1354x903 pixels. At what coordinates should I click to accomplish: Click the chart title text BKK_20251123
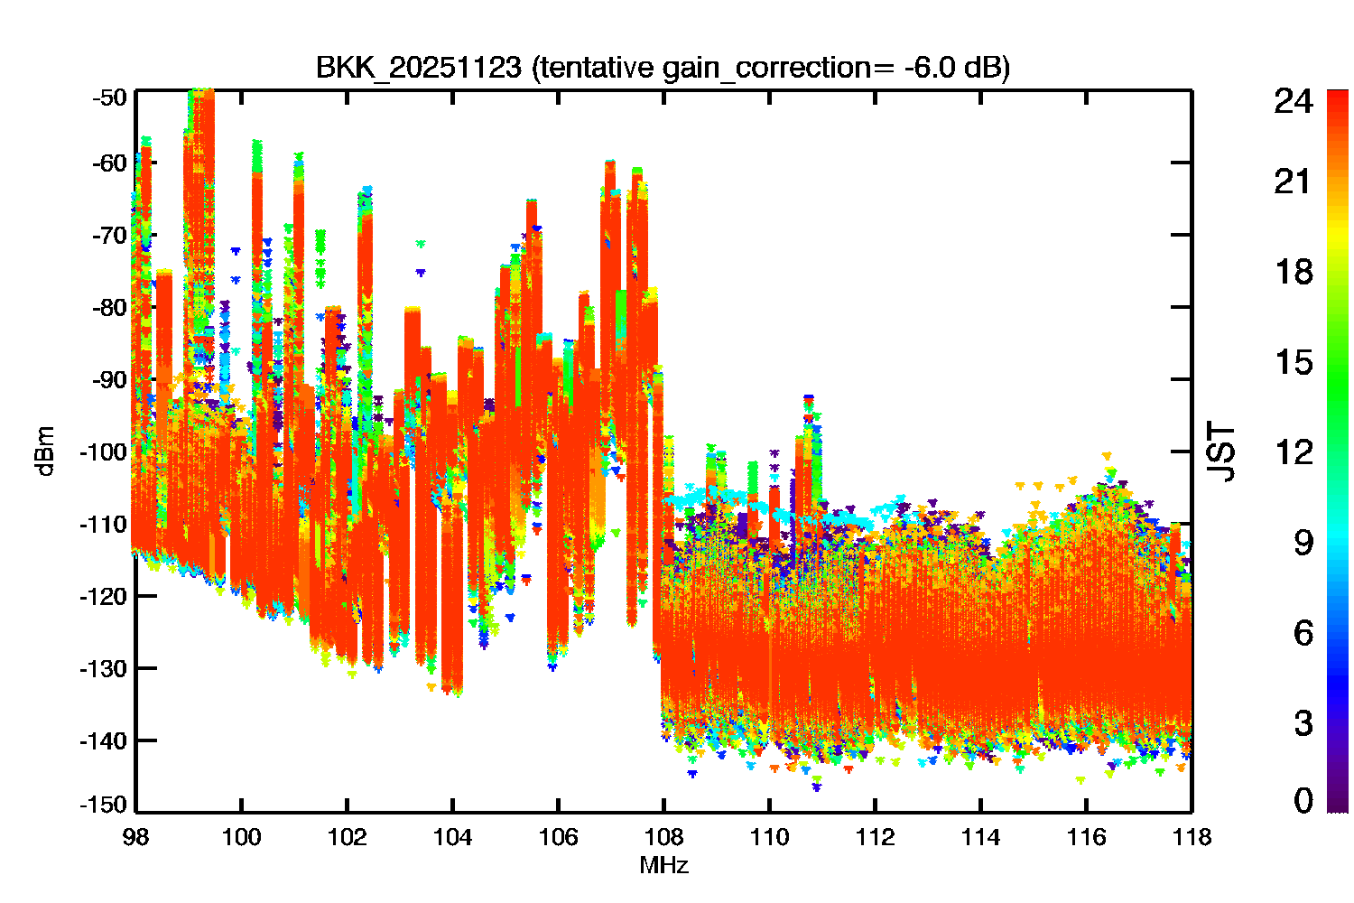coord(418,68)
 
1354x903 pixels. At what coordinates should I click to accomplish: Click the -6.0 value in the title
coord(931,67)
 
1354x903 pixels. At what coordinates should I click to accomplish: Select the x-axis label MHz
coord(663,865)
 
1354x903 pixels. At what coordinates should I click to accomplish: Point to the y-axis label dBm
coord(46,451)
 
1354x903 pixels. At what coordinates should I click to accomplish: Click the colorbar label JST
coord(1220,451)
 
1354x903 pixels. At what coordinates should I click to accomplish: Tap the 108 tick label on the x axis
coord(663,838)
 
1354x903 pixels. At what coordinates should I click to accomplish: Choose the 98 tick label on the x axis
coord(136,838)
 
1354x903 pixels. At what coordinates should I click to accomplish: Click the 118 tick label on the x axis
coord(1192,838)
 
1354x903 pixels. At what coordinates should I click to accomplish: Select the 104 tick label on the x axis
coord(453,838)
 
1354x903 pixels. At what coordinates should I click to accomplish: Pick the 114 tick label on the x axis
coord(980,838)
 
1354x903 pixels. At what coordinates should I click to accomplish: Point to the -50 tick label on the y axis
coord(109,98)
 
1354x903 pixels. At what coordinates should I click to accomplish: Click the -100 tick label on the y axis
coord(104,451)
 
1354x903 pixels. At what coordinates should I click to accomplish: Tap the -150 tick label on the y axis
coord(104,805)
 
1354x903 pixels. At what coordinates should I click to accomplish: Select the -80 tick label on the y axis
coord(109,308)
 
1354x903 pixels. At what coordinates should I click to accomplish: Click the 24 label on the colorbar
coord(1294,100)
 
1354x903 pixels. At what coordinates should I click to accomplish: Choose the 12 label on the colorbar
coord(1294,451)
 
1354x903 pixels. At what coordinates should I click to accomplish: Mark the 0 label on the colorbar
coord(1303,799)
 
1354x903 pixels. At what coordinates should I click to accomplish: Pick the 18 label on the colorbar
coord(1294,272)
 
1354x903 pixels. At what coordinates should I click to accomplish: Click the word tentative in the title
coord(597,68)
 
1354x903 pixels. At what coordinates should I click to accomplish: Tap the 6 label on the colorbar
coord(1303,633)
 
